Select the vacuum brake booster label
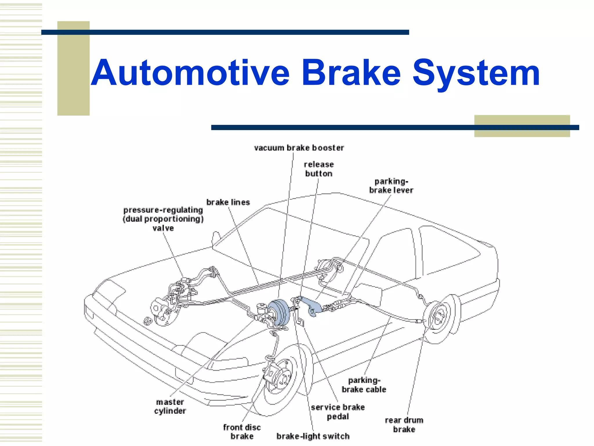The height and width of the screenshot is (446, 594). point(299,148)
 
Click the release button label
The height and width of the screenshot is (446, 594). point(319,169)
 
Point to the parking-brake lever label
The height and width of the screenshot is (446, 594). point(391,186)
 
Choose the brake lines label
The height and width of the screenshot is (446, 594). point(228,202)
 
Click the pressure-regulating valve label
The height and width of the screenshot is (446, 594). point(163,219)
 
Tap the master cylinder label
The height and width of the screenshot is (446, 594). point(170,406)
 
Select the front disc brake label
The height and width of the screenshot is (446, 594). point(242,431)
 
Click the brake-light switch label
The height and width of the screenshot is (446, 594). point(313,436)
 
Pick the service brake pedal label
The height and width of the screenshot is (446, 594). point(338,412)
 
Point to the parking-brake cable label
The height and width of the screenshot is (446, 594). point(364,385)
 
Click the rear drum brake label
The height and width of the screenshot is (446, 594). point(404,425)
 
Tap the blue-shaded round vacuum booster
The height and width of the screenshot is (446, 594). point(278,312)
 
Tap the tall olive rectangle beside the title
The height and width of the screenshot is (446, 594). point(73,68)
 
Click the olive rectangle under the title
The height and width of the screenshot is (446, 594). point(522,126)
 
